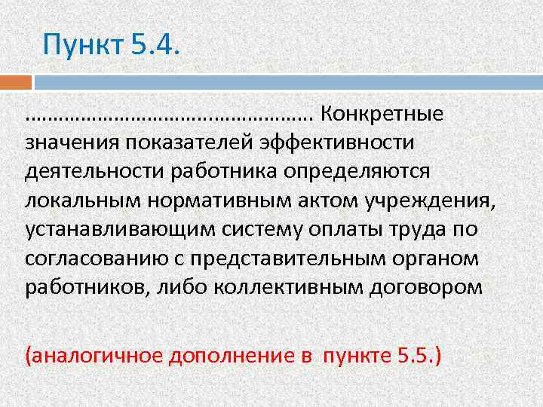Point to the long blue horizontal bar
(x=287, y=82)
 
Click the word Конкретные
(x=382, y=115)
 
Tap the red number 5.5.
(x=413, y=354)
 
